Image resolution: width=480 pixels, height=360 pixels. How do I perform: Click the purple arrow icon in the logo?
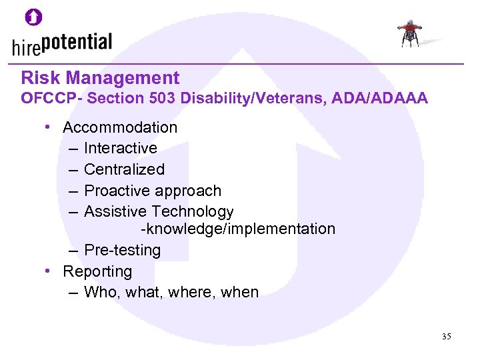coord(34,17)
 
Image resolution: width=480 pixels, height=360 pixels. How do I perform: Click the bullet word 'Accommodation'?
coord(120,127)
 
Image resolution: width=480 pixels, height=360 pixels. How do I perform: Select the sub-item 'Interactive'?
coord(121,148)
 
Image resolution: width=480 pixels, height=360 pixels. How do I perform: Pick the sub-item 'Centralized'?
coord(124,169)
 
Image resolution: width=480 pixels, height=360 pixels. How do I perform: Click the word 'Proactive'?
coord(117,191)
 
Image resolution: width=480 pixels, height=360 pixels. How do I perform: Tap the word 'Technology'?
coord(193,212)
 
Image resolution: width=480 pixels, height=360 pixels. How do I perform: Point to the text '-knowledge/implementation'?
coord(237,229)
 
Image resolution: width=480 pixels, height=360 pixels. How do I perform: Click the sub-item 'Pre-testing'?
coord(123,250)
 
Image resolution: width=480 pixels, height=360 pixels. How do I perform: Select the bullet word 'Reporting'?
coord(97,271)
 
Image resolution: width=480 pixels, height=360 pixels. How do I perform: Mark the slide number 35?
coord(446,337)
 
